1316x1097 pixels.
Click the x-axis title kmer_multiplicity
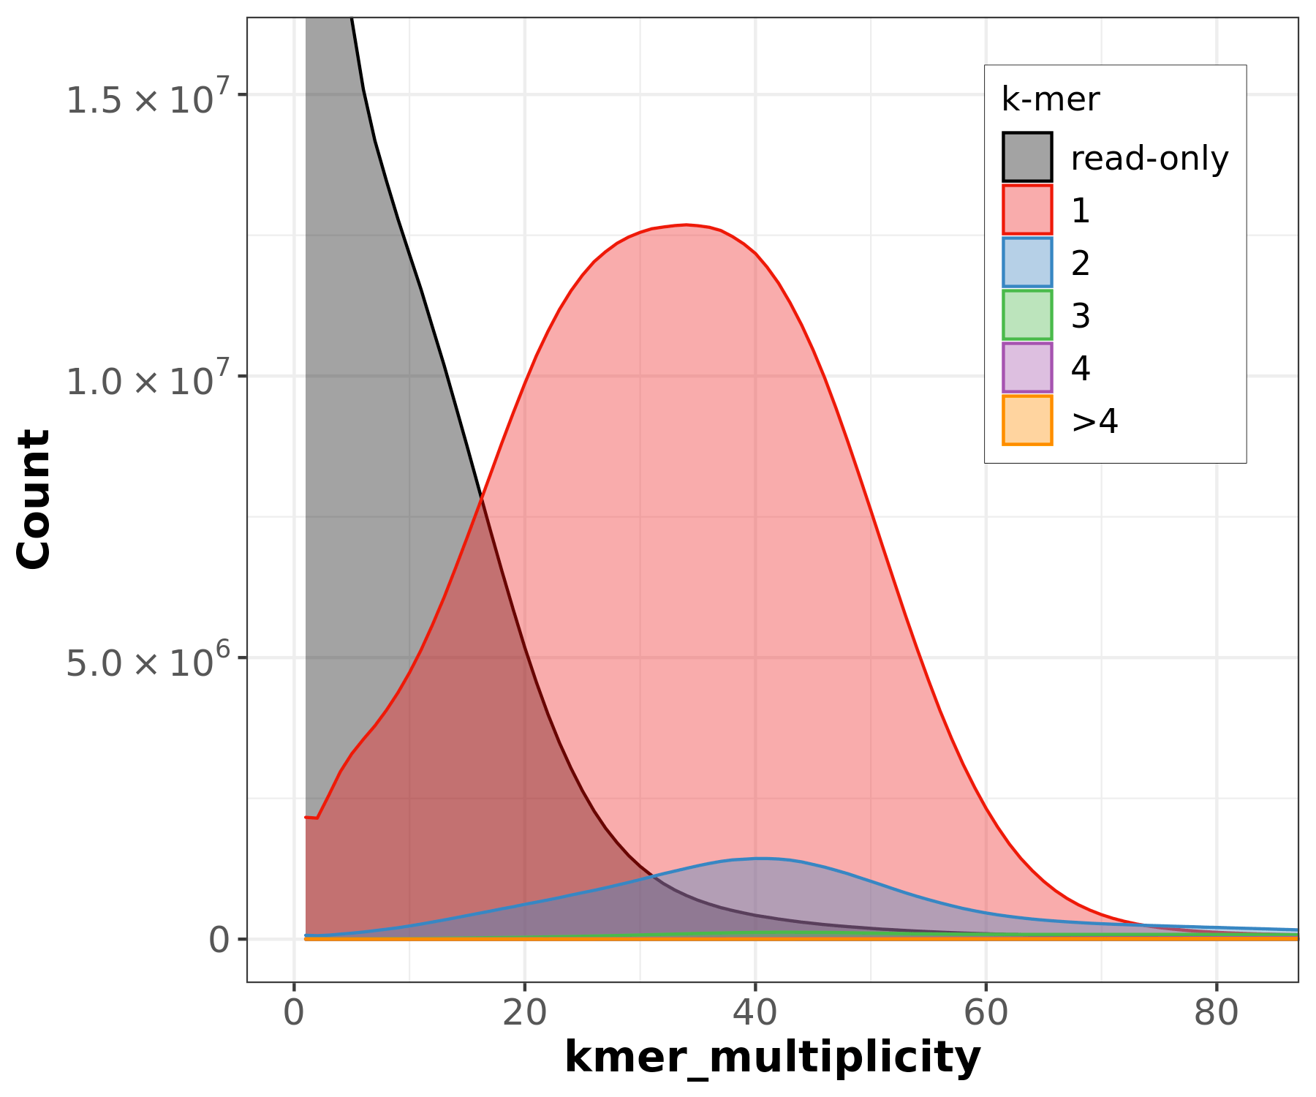click(772, 1058)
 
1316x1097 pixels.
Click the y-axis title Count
click(34, 499)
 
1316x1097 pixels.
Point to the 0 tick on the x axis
click(294, 1014)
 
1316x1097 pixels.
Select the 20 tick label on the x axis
click(524, 1014)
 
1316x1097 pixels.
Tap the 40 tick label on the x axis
click(755, 1014)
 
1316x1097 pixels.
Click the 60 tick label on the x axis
click(986, 1014)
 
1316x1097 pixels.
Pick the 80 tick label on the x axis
click(1216, 1014)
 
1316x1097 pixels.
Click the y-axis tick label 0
click(219, 939)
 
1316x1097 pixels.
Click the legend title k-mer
click(1050, 99)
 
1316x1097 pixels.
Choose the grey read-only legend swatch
click(1027, 157)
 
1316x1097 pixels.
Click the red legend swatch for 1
click(1027, 209)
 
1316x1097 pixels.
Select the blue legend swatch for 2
click(1027, 262)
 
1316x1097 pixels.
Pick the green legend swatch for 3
click(1027, 314)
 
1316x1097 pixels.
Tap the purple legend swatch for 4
click(1027, 367)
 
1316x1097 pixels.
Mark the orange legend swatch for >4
click(1027, 420)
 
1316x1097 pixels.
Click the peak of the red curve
click(686, 225)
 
